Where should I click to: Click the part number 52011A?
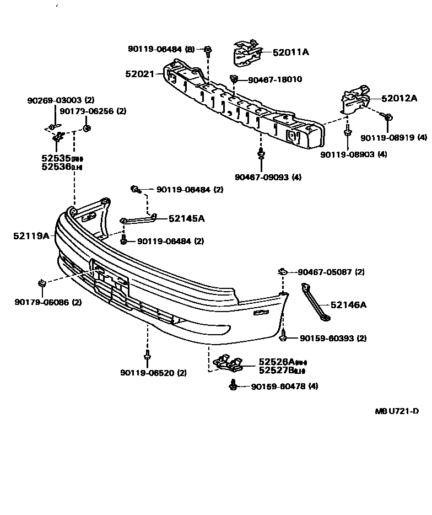(x=290, y=52)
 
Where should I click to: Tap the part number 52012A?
(x=399, y=99)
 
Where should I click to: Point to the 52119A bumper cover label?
(x=31, y=236)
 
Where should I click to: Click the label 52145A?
(x=186, y=218)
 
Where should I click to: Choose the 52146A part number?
(x=348, y=304)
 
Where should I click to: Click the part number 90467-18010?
(x=274, y=79)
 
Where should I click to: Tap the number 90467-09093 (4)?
(x=268, y=177)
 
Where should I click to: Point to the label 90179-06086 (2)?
(x=48, y=302)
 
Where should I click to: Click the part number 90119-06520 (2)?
(x=153, y=373)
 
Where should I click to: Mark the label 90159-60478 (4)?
(x=284, y=387)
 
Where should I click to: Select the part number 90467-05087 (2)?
(x=331, y=272)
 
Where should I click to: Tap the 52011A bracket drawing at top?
(x=246, y=52)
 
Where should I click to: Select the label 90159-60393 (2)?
(x=333, y=338)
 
